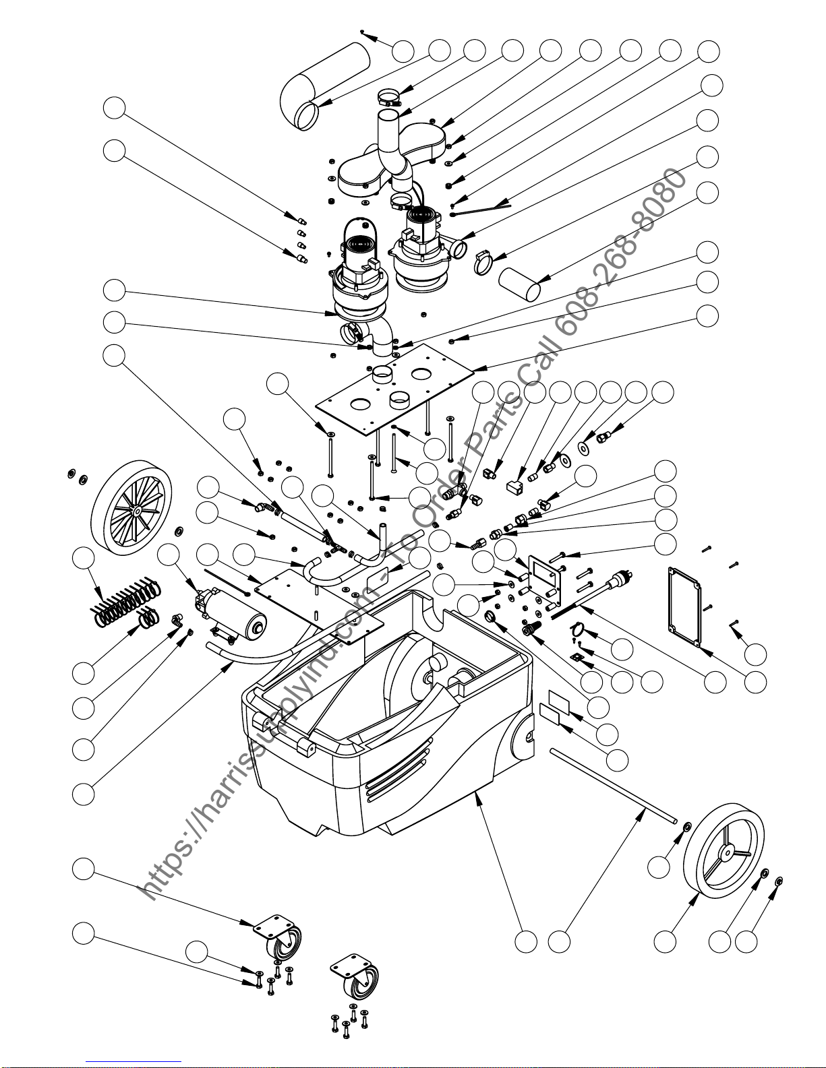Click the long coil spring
pyautogui.click(x=126, y=600)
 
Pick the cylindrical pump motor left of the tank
pyautogui.click(x=231, y=615)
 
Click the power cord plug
pyautogui.click(x=620, y=580)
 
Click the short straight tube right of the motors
pyautogui.click(x=519, y=284)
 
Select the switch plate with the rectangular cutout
pyautogui.click(x=543, y=581)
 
